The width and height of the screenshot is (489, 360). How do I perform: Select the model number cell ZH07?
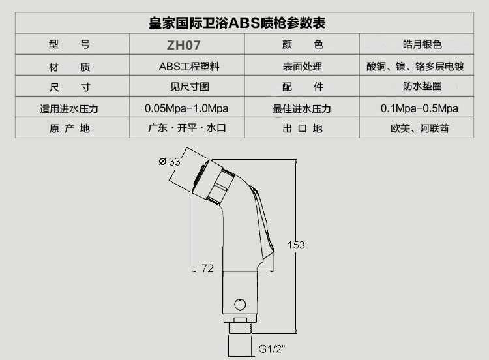click(187, 46)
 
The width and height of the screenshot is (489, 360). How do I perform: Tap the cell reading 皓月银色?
click(422, 45)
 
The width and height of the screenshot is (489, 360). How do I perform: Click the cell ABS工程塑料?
click(188, 67)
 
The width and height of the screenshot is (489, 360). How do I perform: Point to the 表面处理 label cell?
click(302, 67)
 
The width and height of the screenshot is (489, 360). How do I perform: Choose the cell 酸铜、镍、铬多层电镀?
click(422, 67)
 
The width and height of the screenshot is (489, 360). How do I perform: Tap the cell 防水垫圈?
click(422, 87)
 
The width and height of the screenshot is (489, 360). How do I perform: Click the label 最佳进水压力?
click(302, 108)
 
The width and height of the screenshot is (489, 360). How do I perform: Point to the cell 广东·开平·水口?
click(187, 128)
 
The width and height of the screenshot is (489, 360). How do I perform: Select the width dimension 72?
click(207, 268)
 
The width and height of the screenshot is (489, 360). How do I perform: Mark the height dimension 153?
click(296, 245)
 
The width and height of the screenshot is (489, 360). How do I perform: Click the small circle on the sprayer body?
click(240, 304)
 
